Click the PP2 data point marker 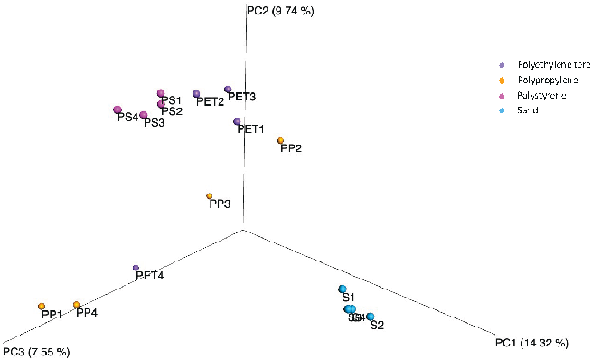coord(280,140)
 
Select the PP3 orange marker coord(210,196)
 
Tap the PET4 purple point coord(136,268)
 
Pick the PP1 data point coord(42,307)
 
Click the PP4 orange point coord(77,305)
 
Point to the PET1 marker coord(237,121)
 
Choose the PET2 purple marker coord(196,93)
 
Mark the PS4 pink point coord(117,110)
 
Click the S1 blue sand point coord(343,289)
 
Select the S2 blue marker coord(370,317)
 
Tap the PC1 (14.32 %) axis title coord(531,343)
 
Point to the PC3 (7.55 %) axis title coord(36,351)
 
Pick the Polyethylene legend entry coord(548,65)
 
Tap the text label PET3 coord(242,97)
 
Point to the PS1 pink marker coord(161,93)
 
